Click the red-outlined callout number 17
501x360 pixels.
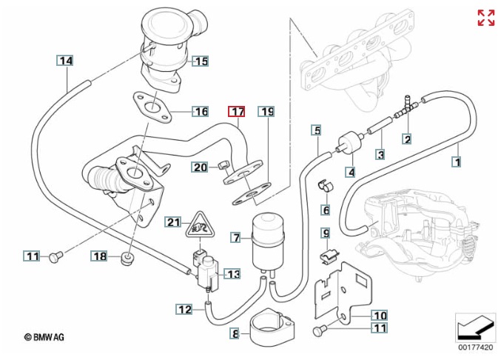pos(236,112)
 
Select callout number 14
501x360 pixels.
pos(66,61)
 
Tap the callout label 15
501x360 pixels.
pos(201,61)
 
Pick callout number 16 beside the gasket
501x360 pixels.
pos(201,112)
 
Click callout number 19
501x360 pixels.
pos(266,112)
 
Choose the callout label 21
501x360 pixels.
pos(172,222)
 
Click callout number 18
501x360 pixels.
pos(101,256)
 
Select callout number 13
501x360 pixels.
pos(233,274)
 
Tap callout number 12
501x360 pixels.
pos(184,308)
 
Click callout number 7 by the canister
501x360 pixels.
pos(235,238)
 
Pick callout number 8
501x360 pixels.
pos(235,334)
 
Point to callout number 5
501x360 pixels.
pos(316,130)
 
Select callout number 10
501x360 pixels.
pos(378,314)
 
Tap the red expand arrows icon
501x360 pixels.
pos(485,19)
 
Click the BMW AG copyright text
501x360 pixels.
pos(44,337)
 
